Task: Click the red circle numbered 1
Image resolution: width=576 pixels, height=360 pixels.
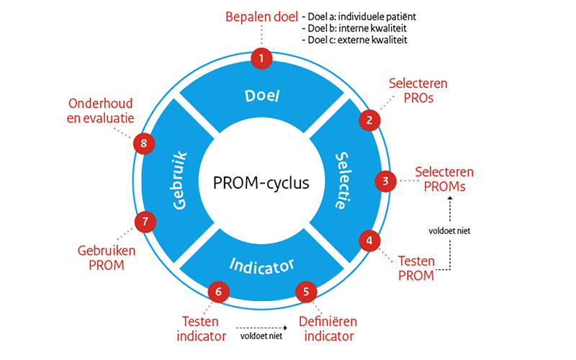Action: click(261, 58)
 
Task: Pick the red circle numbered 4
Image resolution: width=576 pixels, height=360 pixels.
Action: click(369, 240)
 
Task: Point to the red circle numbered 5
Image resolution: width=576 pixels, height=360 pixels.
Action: click(307, 292)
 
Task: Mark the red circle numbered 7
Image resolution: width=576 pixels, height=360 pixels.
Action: click(145, 221)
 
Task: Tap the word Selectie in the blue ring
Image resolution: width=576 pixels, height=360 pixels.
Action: click(343, 180)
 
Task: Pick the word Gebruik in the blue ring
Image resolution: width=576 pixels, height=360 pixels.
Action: click(180, 180)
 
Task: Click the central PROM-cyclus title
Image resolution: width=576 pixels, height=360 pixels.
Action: click(261, 182)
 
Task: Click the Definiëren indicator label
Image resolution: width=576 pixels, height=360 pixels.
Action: click(327, 328)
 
